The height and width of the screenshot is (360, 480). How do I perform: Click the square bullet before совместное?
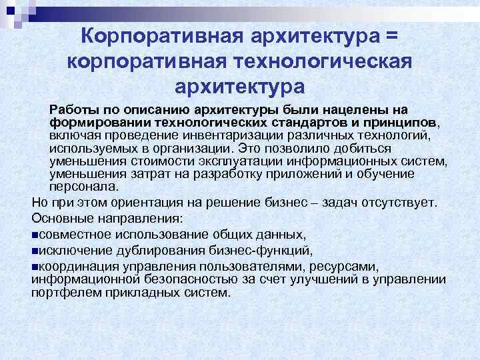tap(35, 235)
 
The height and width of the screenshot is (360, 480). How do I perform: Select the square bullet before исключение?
tap(35, 251)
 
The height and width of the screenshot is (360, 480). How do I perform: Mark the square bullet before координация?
tap(35, 267)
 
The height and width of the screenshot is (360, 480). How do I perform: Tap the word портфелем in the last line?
tap(63, 292)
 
